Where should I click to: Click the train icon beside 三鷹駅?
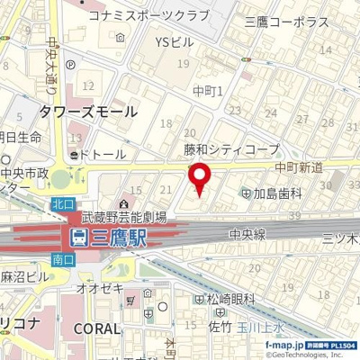[x=78, y=238]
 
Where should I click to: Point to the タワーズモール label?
[x=87, y=112]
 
